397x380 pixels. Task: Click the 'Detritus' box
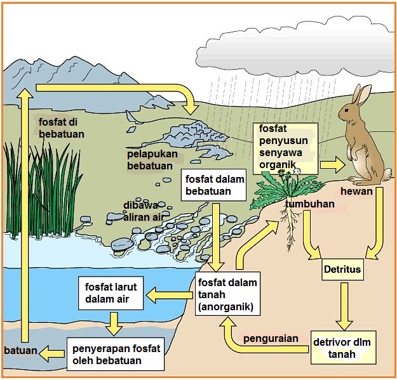point(342,270)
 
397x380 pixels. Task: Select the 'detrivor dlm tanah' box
point(342,348)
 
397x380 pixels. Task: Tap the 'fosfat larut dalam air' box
point(112,292)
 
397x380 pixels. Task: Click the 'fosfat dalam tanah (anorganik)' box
point(226,294)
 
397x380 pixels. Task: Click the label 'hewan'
point(354,191)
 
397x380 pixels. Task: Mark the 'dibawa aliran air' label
point(145,212)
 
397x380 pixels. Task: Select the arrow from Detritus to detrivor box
point(344,303)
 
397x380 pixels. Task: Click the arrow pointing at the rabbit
point(332,164)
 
